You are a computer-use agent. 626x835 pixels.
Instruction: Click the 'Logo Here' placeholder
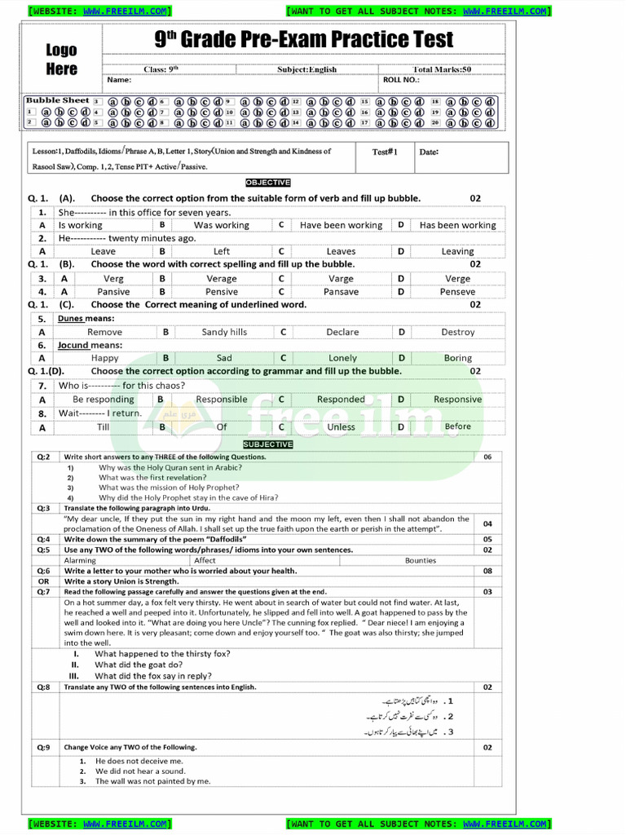tap(62, 60)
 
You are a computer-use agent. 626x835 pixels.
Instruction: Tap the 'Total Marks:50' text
tap(442, 69)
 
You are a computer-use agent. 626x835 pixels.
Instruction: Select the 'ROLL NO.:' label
tap(401, 80)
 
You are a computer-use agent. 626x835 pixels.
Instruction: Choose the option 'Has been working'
tap(457, 225)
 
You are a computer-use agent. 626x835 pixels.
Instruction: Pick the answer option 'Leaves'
tap(341, 251)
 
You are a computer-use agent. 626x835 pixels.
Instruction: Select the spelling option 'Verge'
tap(457, 278)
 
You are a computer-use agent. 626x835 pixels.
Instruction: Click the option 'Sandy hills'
tap(224, 332)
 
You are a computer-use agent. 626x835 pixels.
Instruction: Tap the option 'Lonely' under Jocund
tap(342, 358)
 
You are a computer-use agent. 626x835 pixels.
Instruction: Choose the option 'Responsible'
tap(222, 400)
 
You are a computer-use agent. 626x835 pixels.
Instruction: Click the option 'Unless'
tap(341, 426)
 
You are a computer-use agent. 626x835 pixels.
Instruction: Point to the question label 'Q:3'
tap(43, 507)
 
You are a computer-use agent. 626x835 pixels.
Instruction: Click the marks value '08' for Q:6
tap(487, 571)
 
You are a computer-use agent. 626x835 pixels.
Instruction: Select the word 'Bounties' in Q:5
tap(420, 560)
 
